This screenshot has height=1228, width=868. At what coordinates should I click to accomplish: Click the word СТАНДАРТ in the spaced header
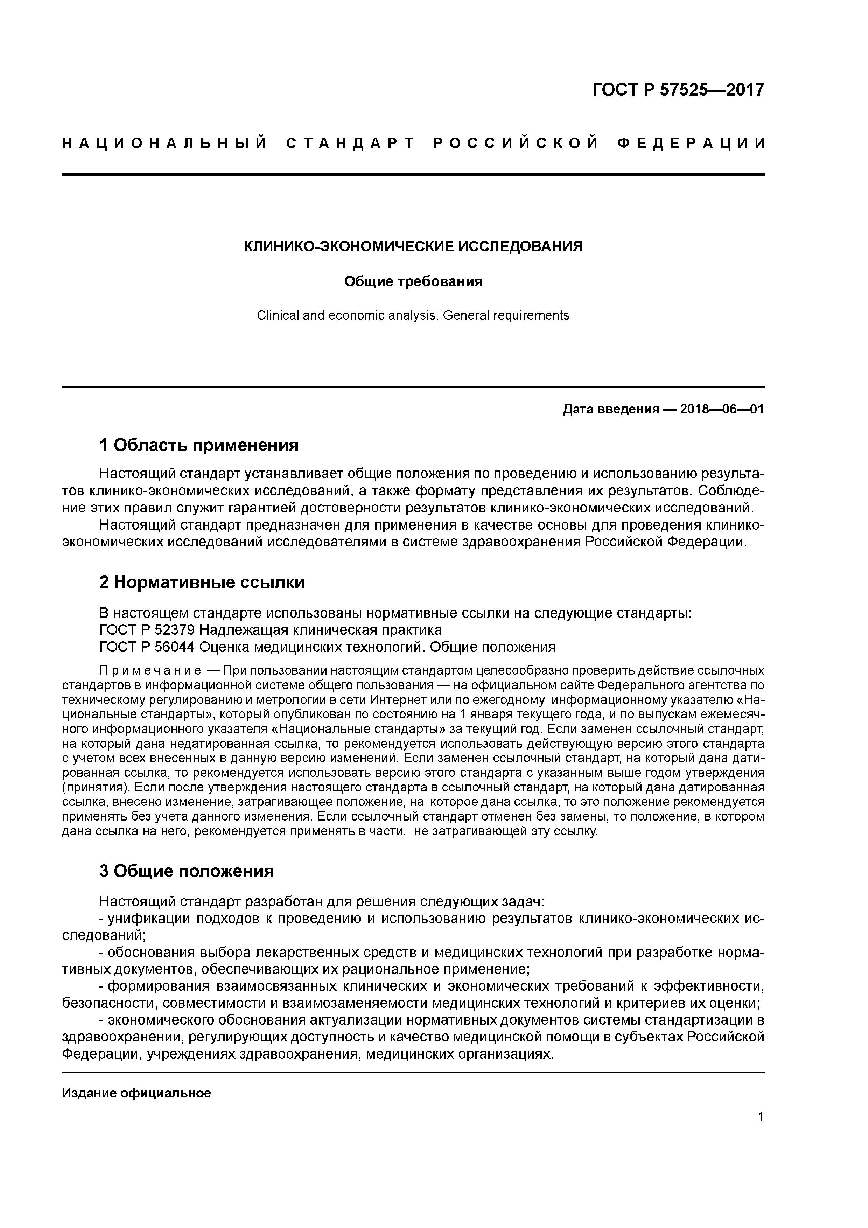point(350,143)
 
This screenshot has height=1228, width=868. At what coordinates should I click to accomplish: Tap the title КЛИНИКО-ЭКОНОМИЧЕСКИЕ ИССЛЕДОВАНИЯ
point(413,246)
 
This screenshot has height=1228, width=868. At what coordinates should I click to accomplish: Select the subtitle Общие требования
point(413,281)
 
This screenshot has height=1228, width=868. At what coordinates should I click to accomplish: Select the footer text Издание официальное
point(136,1093)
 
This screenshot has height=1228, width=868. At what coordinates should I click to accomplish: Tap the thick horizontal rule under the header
point(413,174)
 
